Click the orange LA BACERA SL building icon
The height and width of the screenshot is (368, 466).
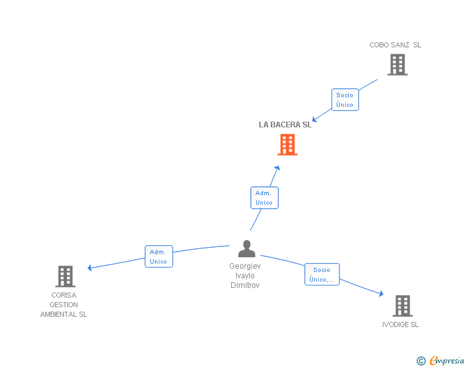pyautogui.click(x=287, y=145)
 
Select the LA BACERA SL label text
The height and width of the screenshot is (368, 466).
pyautogui.click(x=285, y=124)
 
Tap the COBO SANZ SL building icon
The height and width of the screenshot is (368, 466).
pyautogui.click(x=397, y=65)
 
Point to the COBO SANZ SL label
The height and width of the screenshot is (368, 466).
pyautogui.click(x=395, y=45)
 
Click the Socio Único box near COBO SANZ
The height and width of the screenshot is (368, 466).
pyautogui.click(x=344, y=100)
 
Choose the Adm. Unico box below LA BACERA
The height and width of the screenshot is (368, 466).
pyautogui.click(x=264, y=198)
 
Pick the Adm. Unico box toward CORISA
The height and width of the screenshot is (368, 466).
pyautogui.click(x=158, y=257)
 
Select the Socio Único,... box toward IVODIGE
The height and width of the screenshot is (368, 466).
pyautogui.click(x=321, y=275)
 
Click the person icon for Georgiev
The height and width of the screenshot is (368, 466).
pyautogui.click(x=246, y=249)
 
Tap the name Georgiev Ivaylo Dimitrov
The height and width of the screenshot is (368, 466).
pyautogui.click(x=245, y=275)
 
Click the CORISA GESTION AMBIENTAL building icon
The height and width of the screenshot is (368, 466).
pyautogui.click(x=65, y=276)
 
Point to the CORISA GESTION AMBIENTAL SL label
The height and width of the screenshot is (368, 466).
pyautogui.click(x=64, y=305)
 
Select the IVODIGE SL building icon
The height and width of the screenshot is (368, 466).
pyautogui.click(x=402, y=306)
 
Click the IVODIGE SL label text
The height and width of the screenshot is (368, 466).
pyautogui.click(x=400, y=324)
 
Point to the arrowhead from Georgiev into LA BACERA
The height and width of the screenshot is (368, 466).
pyautogui.click(x=277, y=168)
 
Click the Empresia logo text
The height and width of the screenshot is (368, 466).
pyautogui.click(x=447, y=360)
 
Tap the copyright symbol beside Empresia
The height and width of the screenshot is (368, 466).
pyautogui.click(x=421, y=361)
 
